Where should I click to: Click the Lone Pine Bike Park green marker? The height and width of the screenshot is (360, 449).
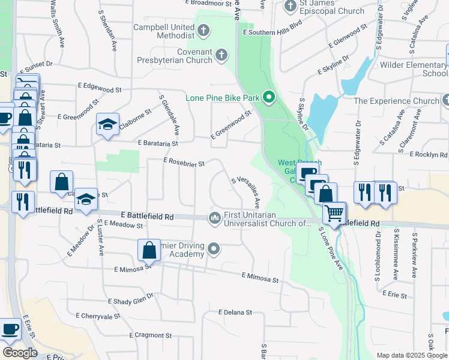pos(269,97)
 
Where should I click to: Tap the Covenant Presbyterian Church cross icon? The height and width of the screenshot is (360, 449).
pos(221,56)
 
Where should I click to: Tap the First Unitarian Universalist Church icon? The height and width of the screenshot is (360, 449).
pos(214,217)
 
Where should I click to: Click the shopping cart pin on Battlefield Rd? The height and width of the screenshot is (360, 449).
pos(334,212)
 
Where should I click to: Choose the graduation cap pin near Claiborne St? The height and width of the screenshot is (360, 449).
pos(107,124)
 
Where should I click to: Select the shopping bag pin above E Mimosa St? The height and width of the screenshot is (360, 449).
pos(149,250)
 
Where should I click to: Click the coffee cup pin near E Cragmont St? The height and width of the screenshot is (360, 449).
pos(11,329)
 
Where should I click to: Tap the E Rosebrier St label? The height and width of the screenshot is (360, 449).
pos(184,163)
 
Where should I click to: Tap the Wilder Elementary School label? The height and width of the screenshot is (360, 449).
pos(414,68)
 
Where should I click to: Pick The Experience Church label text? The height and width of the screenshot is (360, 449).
pos(397,101)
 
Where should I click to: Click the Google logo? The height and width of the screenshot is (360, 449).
pos(20,353)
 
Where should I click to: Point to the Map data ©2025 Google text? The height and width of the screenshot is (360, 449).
pos(411,355)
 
